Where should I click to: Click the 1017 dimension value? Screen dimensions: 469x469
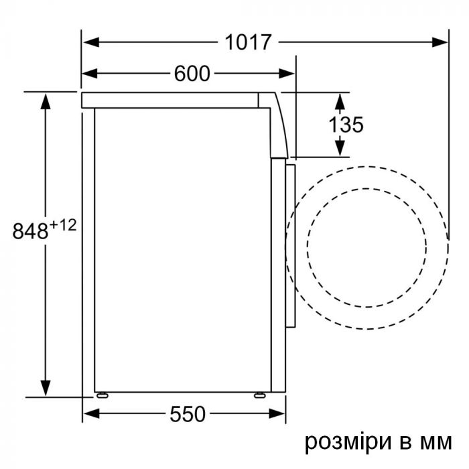pyautogui.click(x=248, y=42)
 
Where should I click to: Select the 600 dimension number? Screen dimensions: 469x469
pyautogui.click(x=192, y=74)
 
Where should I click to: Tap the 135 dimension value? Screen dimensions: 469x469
pyautogui.click(x=346, y=124)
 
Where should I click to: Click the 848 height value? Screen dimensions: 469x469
pyautogui.click(x=30, y=230)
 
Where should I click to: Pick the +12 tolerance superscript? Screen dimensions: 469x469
pyautogui.click(x=62, y=225)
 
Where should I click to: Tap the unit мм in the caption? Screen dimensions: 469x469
pyautogui.click(x=435, y=443)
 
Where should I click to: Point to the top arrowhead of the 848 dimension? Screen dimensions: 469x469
pyautogui.click(x=46, y=100)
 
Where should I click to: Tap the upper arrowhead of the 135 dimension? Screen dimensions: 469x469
pyautogui.click(x=340, y=100)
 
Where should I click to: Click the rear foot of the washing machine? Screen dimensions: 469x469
pyautogui.click(x=103, y=395)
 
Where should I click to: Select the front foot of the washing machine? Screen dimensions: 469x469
pyautogui.click(x=257, y=395)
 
